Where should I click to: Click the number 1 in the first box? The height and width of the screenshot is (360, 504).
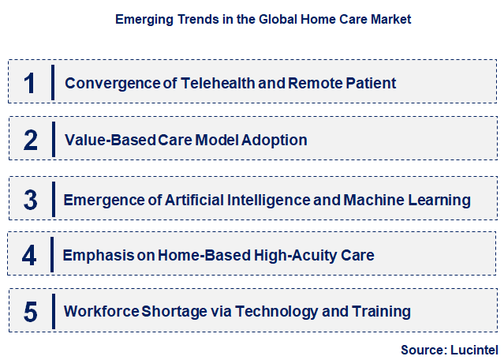point(30,83)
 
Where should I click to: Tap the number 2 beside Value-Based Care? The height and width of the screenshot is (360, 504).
point(31,140)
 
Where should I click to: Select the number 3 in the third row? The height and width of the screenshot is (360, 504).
point(31,200)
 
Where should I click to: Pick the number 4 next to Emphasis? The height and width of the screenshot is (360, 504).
point(30,255)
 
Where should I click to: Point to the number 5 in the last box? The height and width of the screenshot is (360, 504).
point(31,312)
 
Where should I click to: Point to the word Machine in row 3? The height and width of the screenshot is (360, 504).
point(373,200)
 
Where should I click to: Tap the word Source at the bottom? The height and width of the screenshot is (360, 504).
point(424,348)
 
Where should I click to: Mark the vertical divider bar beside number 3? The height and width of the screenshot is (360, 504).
point(52,199)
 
